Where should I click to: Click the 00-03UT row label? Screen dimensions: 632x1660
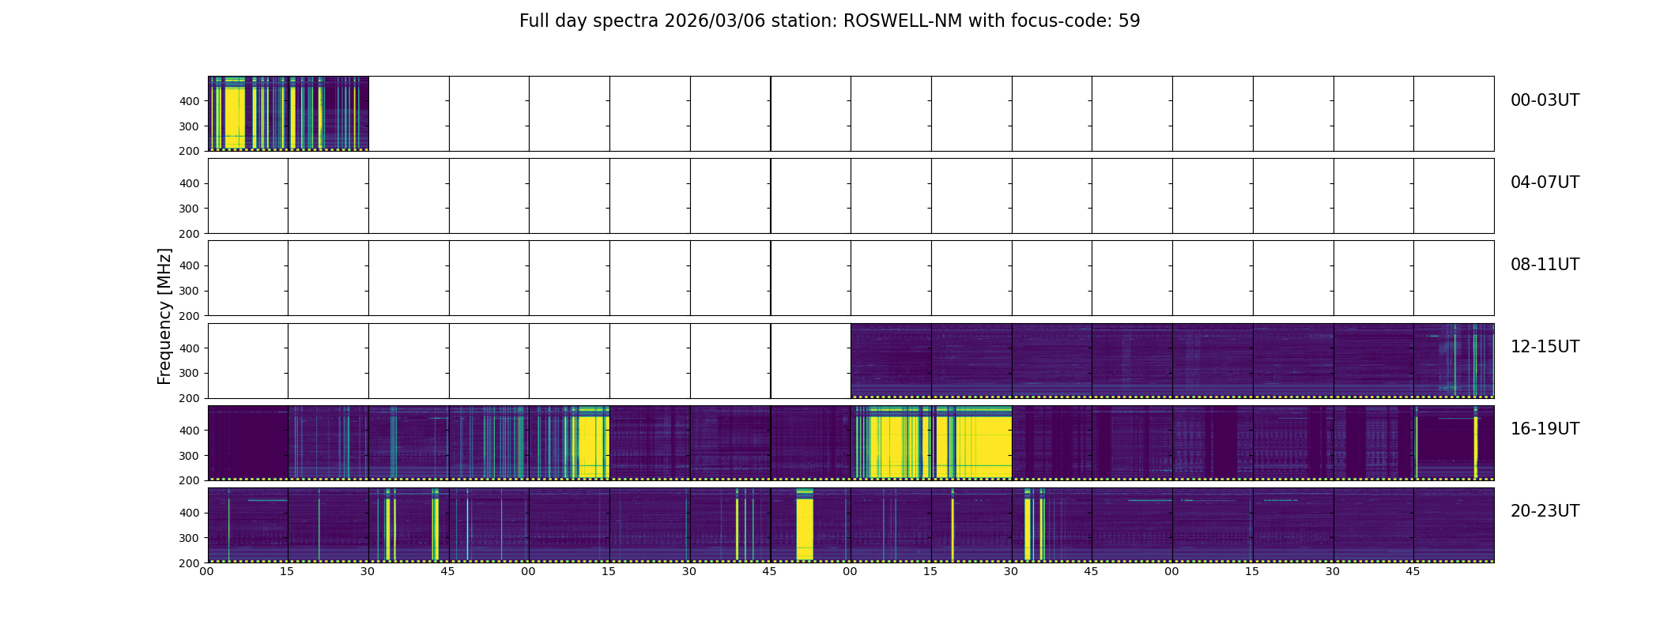point(1545,100)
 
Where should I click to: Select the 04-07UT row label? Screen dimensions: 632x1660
point(1545,182)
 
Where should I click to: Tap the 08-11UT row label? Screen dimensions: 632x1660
point(1545,265)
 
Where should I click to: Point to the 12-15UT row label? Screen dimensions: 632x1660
point(1545,347)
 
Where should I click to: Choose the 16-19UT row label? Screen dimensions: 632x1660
point(1545,429)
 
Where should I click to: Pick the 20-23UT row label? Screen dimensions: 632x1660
point(1545,511)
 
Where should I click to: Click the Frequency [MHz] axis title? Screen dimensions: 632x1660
point(164,316)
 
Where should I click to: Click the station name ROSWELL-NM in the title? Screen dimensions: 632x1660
point(903,21)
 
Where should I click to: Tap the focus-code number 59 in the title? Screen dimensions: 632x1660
point(1129,21)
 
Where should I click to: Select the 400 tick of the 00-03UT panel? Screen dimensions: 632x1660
point(189,101)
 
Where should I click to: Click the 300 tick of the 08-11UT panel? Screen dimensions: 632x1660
point(189,291)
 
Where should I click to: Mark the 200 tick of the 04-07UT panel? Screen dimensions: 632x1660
point(189,234)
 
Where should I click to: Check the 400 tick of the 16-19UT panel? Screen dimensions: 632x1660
point(189,431)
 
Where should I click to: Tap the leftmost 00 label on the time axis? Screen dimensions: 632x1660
point(207,572)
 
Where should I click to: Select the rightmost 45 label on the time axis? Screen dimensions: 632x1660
point(1413,572)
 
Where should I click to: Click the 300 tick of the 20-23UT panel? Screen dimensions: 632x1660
point(189,538)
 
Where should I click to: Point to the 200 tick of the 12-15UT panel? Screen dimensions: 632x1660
point(189,398)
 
